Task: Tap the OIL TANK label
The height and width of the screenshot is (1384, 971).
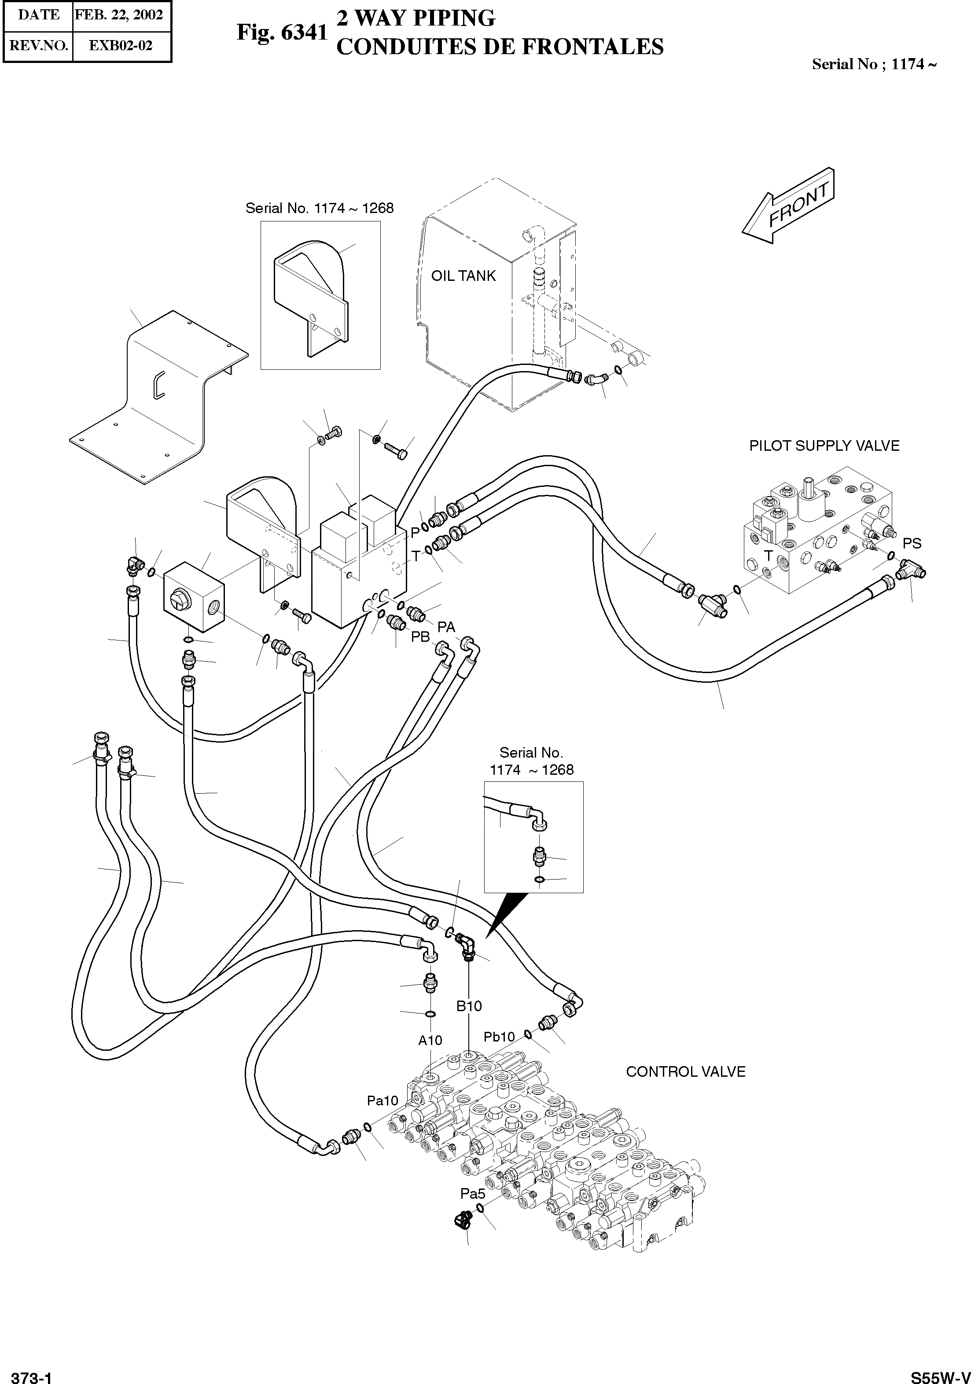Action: tap(463, 276)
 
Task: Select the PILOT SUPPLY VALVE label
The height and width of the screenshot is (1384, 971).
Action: tap(824, 446)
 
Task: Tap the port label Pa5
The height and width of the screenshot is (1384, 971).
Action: tap(473, 1193)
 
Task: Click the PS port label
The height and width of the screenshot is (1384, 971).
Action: tap(912, 543)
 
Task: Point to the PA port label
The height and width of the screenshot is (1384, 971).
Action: tap(446, 627)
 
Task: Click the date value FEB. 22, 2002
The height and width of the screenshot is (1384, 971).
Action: tap(119, 15)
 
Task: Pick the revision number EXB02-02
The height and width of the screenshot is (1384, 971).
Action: tap(121, 45)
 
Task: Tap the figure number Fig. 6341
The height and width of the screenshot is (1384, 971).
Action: tap(281, 33)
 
